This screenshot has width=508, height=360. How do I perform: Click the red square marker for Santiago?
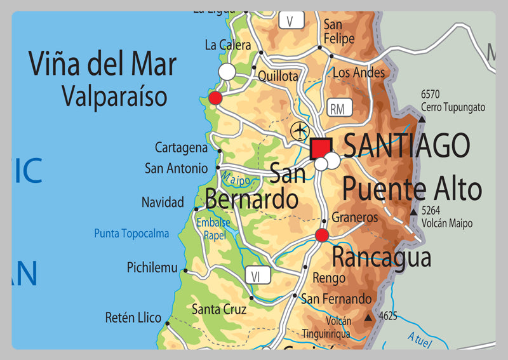pos(321,149)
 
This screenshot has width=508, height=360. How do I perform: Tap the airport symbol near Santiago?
pos(299,131)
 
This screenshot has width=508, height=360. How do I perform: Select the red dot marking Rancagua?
pos(322,236)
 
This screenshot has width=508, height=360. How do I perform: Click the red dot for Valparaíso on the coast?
pos(215,98)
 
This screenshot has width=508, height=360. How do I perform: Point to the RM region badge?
pos(337,109)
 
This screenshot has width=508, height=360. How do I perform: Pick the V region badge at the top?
pos(290,20)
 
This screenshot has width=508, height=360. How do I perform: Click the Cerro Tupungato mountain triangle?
pos(422,118)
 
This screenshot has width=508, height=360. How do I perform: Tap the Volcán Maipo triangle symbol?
pos(415,211)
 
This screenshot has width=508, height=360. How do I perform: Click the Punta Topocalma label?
pos(131,234)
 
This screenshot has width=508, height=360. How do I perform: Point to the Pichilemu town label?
pos(152,267)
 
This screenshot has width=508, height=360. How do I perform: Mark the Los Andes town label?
pos(359,73)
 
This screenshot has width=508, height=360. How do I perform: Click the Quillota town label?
pos(277,76)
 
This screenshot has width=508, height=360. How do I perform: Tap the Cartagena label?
pos(182,148)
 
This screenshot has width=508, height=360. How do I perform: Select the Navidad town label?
pos(163,203)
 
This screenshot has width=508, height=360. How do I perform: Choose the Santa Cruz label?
pos(219,310)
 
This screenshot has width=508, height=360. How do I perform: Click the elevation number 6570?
pos(430,94)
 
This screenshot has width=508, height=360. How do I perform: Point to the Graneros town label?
pos(354,218)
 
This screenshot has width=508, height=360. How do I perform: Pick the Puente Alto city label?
pos(412,189)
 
